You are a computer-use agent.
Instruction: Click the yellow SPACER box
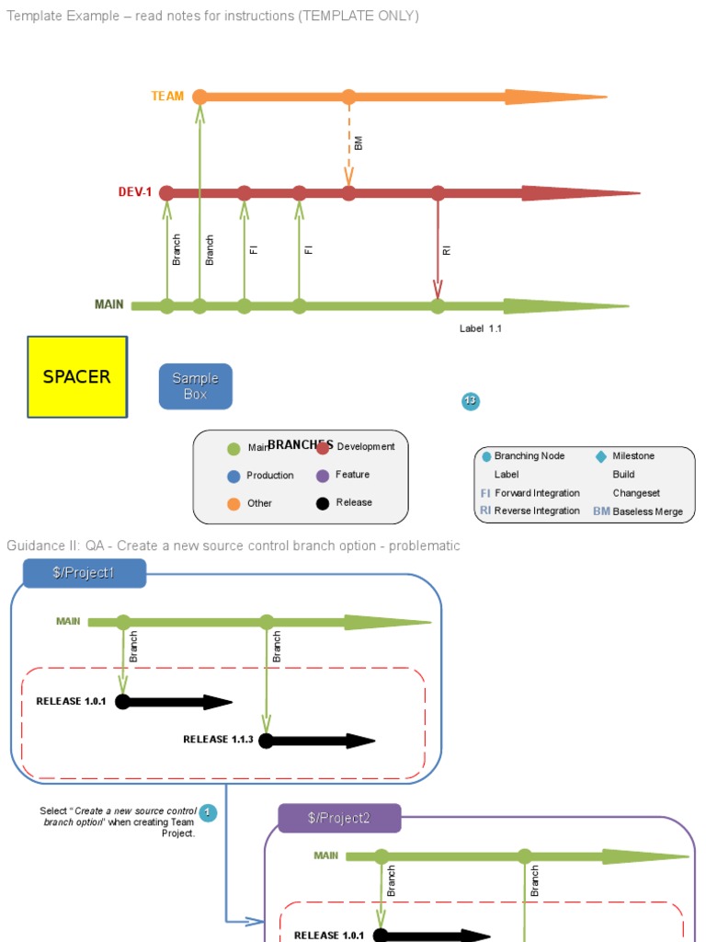click(77, 376)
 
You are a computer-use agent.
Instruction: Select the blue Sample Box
click(195, 386)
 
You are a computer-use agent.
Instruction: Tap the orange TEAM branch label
click(167, 96)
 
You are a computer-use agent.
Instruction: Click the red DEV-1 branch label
click(134, 192)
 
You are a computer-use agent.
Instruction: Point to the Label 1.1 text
click(481, 328)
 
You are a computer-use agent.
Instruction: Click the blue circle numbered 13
click(471, 401)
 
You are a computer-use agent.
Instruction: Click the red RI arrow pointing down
click(438, 248)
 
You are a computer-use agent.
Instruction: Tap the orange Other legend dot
click(233, 503)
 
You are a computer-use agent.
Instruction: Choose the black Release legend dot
click(323, 503)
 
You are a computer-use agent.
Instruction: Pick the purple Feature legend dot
click(323, 476)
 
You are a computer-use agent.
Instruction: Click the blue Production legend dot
click(233, 477)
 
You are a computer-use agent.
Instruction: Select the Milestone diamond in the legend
click(601, 456)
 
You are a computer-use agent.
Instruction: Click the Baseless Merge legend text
click(647, 511)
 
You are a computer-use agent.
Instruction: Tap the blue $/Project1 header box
click(84, 573)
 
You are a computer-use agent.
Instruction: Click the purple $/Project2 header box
click(339, 818)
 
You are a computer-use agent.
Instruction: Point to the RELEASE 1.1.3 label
click(218, 739)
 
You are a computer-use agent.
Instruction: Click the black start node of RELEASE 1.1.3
click(266, 741)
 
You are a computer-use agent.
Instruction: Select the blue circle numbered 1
click(208, 812)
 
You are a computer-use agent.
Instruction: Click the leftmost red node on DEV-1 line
click(166, 193)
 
